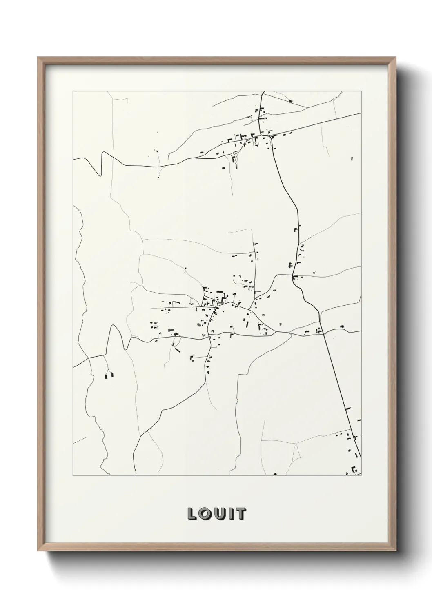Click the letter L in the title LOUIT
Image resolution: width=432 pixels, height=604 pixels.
191,514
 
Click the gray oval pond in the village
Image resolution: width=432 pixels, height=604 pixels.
199,325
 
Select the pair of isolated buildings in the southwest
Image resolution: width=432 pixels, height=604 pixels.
109,375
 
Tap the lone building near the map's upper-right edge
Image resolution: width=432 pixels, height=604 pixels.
352,158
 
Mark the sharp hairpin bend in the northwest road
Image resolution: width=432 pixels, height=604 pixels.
100,175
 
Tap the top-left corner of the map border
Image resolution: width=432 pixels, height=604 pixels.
73,91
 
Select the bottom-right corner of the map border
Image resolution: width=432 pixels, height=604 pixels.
361,475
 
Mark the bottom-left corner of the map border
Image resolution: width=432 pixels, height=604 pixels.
73,475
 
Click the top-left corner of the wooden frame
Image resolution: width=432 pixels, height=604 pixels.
38,57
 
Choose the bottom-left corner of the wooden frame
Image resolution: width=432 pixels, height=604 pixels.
38,552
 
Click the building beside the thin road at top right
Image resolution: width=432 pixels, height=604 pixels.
291,101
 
